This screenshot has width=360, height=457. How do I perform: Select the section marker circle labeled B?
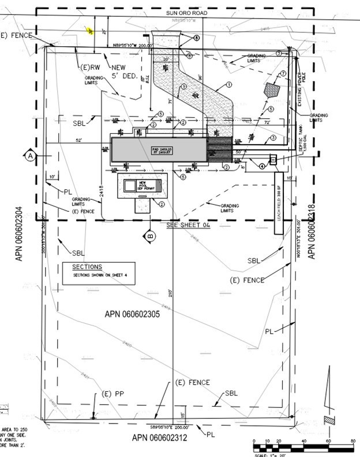(x=149, y=235)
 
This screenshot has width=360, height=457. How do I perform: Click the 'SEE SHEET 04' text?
(x=186, y=226)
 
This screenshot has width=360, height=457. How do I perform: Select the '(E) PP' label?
(x=114, y=394)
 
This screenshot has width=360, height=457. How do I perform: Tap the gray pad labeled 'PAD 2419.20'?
(x=158, y=149)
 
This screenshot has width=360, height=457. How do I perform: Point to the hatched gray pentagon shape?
(x=272, y=90)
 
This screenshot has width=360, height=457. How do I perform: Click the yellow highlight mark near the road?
(x=90, y=31)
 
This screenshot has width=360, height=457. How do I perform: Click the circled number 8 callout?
(x=196, y=38)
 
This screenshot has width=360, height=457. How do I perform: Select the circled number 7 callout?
(x=283, y=73)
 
